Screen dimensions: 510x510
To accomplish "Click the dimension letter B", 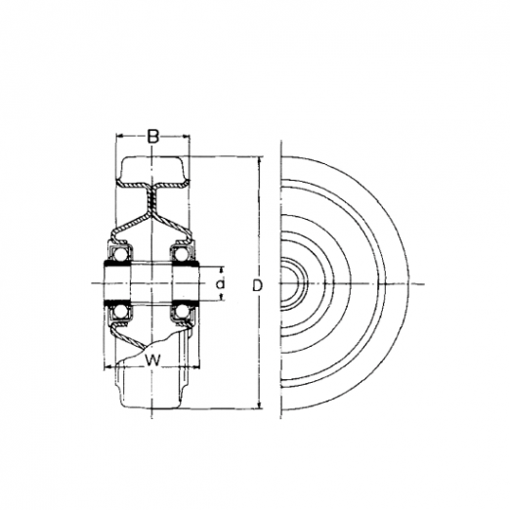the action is (x=152, y=137).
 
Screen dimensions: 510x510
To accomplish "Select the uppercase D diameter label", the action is (x=257, y=285).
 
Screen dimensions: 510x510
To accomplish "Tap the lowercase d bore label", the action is (x=221, y=284).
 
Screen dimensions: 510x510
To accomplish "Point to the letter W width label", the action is (x=152, y=361).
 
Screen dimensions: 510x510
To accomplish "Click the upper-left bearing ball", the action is (x=121, y=252).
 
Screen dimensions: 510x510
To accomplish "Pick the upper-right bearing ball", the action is (x=181, y=252).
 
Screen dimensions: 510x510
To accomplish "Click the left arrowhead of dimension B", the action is (x=119, y=136).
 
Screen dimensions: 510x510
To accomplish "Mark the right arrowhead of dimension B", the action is (x=187, y=137).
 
